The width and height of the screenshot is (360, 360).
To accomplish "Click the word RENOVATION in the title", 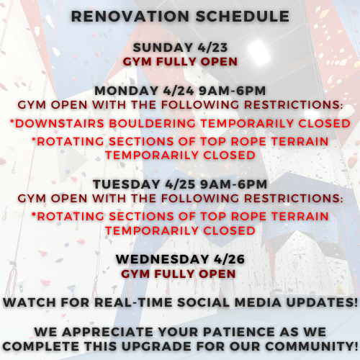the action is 130,17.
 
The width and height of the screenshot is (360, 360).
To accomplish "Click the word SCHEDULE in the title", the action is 243,17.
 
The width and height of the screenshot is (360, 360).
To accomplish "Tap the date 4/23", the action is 212,48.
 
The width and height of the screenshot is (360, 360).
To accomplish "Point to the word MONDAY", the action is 126,91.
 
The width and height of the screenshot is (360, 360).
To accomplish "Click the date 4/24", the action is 179,91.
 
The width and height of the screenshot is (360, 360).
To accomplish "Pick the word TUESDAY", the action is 127,184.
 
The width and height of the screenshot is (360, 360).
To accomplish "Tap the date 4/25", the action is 180,184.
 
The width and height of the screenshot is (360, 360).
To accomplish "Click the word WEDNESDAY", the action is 163,259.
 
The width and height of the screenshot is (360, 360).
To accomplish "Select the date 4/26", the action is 229,259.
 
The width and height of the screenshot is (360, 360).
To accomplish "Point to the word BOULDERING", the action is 153,123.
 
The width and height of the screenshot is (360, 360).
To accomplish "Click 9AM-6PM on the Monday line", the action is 233,91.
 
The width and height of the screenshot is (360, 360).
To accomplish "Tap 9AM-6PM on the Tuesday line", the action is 234,184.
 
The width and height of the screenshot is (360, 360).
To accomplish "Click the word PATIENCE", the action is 239,332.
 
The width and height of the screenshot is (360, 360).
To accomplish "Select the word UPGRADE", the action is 156,346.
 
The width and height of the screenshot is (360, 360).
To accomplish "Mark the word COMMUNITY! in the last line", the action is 312,346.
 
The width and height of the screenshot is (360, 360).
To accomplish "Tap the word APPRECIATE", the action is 108,332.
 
